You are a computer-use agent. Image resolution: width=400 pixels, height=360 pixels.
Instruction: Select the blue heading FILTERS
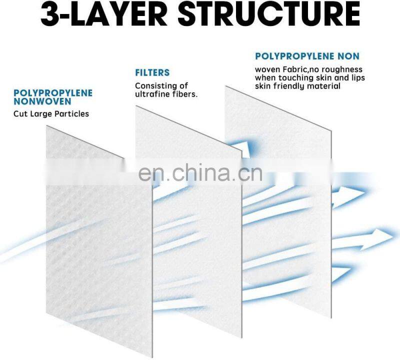[x=152, y=73]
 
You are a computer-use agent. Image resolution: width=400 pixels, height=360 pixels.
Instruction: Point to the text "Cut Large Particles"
[x=51, y=113]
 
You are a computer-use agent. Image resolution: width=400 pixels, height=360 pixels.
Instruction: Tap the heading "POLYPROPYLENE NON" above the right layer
[x=307, y=56]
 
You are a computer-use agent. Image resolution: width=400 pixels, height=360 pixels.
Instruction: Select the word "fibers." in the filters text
[x=185, y=94]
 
